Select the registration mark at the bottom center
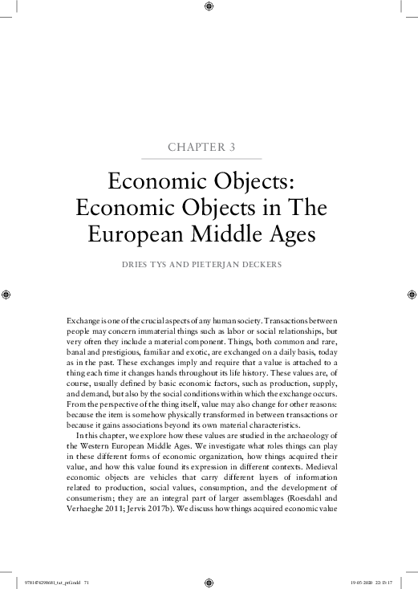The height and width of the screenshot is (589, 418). (x=209, y=582)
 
